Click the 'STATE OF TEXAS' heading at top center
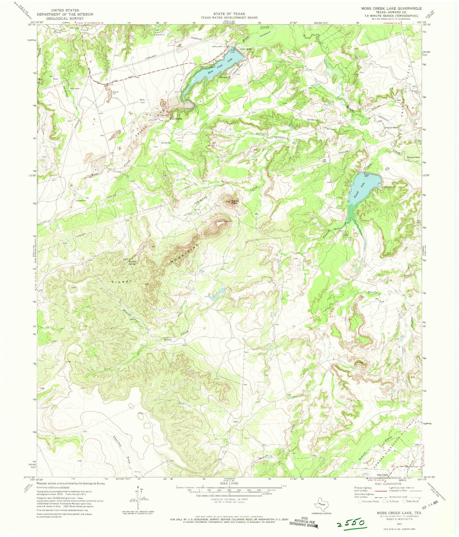pos(229,14)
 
